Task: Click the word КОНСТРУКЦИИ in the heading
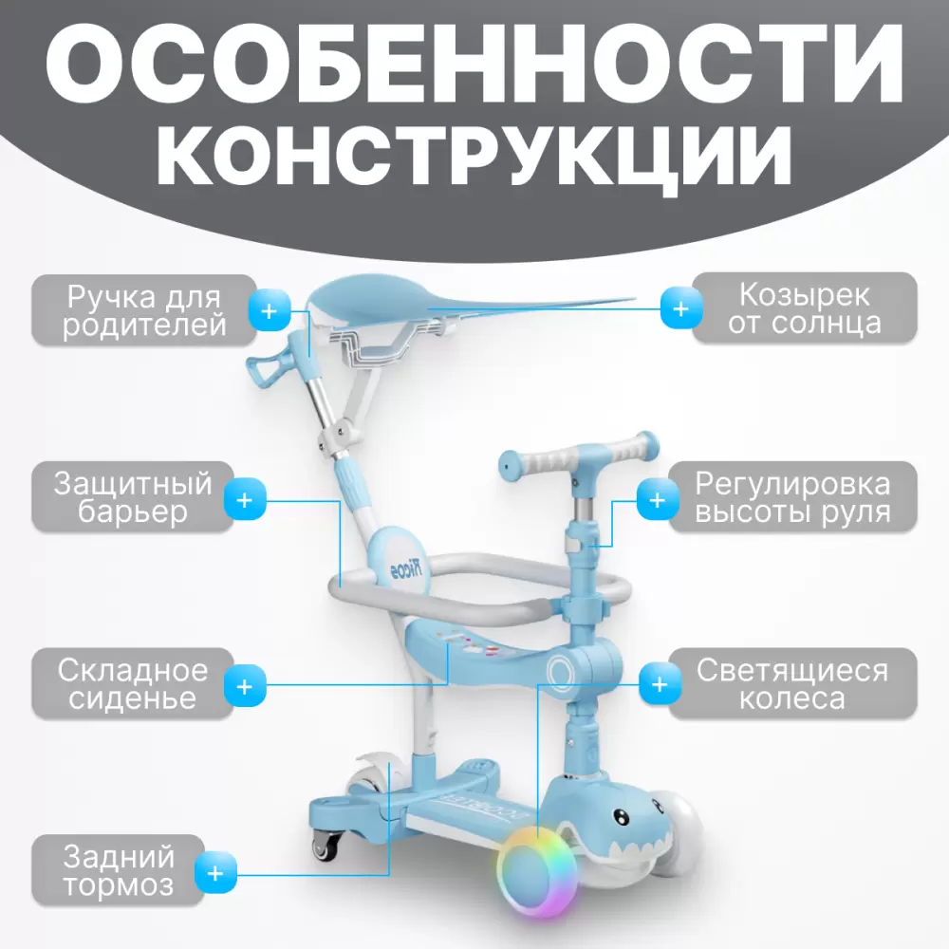tap(474, 157)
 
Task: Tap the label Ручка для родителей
tap(144, 310)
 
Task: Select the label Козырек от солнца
tap(805, 308)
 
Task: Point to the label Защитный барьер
tap(133, 497)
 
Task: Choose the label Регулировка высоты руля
tap(792, 497)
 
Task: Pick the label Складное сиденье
tap(133, 683)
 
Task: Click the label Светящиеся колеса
tap(792, 683)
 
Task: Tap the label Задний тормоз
tap(119, 870)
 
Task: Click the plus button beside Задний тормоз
tap(215, 873)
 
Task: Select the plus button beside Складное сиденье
tap(245, 686)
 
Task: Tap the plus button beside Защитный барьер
tap(245, 500)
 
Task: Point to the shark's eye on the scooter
tap(621, 817)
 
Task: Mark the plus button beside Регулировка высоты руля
tap(658, 500)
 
